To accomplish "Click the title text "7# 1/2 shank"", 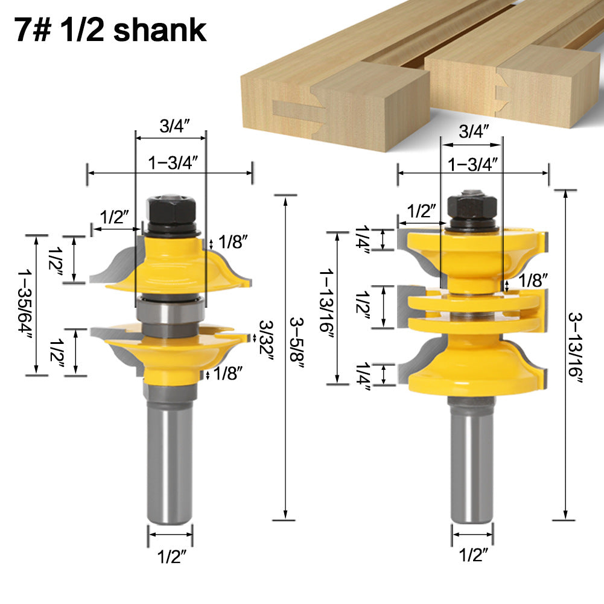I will tap(111, 30).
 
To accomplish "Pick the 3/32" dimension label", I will tap(265, 340).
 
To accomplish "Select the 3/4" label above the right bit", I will tap(474, 132).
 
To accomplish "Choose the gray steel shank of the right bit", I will tap(472, 459).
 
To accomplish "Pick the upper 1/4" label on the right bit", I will tap(363, 240).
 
